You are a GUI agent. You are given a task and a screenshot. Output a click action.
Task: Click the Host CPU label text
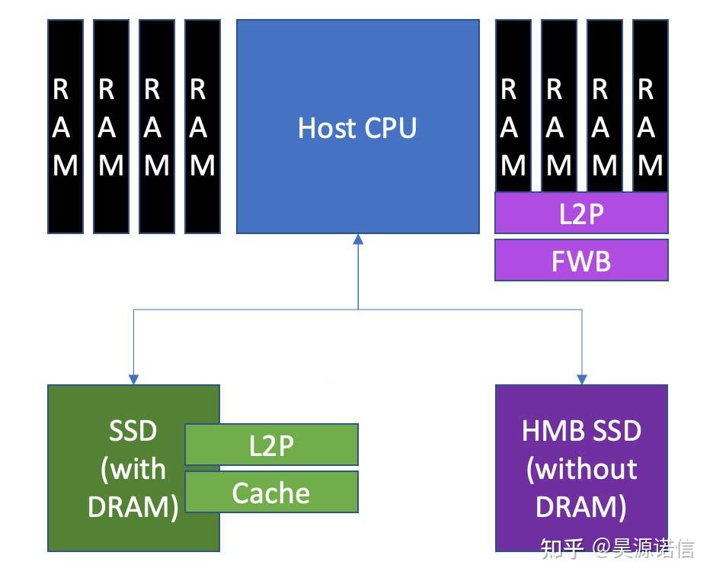(357, 127)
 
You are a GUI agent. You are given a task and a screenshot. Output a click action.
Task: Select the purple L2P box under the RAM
(581, 214)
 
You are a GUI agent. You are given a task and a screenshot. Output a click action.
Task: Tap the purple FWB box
(581, 261)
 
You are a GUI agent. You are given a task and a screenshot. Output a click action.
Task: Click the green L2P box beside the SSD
(272, 445)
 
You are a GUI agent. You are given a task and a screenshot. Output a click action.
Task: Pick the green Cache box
(272, 493)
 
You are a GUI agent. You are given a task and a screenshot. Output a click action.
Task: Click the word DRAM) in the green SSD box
(133, 507)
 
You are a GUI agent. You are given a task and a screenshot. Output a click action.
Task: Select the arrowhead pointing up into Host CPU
(358, 239)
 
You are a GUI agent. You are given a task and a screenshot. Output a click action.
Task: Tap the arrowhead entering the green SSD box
(133, 378)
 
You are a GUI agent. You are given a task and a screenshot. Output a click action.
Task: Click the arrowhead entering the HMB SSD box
(582, 378)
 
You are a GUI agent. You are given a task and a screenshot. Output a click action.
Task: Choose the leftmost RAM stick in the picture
(66, 126)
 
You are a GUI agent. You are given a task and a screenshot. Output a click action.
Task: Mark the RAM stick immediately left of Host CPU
(203, 126)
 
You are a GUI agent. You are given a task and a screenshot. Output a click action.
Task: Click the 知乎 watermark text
(562, 547)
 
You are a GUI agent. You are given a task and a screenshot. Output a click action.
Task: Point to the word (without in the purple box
(581, 468)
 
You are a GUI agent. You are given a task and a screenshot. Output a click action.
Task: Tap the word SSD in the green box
(133, 431)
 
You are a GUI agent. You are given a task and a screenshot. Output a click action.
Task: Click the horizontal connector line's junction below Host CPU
(358, 309)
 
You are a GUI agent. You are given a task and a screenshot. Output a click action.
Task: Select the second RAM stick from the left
(111, 126)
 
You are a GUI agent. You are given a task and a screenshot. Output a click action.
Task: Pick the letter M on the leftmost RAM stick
(66, 165)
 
